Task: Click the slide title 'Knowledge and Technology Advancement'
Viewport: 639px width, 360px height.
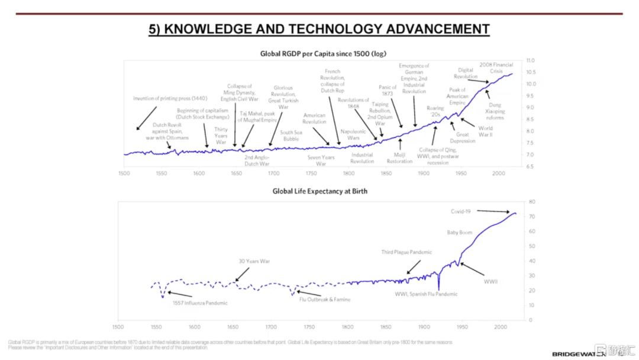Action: click(x=319, y=29)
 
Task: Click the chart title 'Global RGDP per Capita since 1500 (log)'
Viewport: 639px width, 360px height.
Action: click(x=323, y=54)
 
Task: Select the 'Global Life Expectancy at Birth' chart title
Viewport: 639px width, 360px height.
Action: click(x=319, y=191)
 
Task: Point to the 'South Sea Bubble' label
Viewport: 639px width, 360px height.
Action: click(x=291, y=136)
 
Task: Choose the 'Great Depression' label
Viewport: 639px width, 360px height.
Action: click(x=462, y=138)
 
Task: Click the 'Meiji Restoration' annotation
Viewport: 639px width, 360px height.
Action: click(x=399, y=158)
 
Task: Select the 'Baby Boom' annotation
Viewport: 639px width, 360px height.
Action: click(x=459, y=233)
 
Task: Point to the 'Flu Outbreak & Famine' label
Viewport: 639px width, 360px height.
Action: click(x=324, y=300)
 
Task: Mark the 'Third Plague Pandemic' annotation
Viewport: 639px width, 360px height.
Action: click(x=406, y=253)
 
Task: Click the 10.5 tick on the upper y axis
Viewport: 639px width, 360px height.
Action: click(x=531, y=72)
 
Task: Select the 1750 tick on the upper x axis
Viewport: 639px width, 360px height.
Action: click(x=311, y=173)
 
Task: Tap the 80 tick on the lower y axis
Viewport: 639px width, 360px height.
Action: click(x=531, y=202)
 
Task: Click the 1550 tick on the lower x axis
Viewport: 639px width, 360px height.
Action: click(x=156, y=326)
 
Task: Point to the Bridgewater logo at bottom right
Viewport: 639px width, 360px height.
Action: click(x=577, y=353)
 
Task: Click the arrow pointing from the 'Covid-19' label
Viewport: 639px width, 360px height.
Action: click(x=493, y=211)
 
